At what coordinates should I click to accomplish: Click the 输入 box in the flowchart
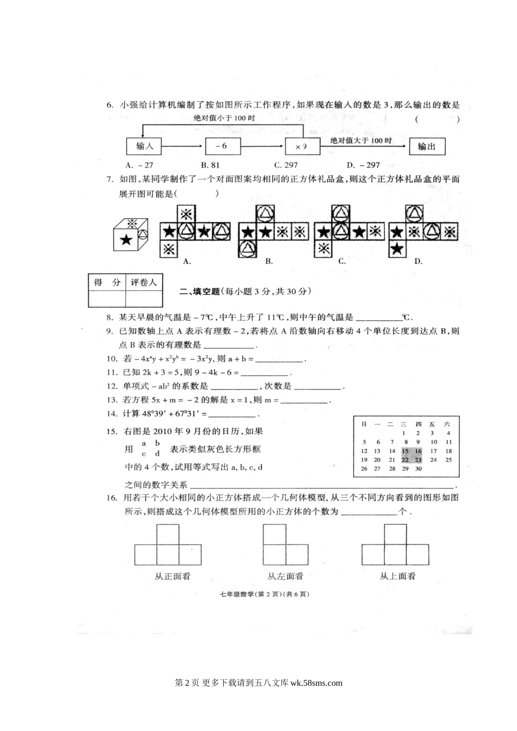[144, 146]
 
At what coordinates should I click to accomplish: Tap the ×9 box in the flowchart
[300, 146]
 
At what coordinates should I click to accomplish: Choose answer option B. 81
[210, 165]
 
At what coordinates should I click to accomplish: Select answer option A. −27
[139, 165]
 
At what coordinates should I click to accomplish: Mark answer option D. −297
[363, 165]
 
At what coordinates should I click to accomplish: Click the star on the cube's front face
[126, 239]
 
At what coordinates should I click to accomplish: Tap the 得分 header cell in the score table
[107, 282]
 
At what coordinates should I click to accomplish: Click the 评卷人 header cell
[144, 282]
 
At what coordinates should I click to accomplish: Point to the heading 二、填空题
[199, 292]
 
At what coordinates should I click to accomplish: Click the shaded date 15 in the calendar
[405, 451]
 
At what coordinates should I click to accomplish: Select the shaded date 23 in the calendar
[418, 460]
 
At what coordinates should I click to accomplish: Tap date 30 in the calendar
[418, 468]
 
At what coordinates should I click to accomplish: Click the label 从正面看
[173, 576]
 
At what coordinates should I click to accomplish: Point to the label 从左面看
[285, 576]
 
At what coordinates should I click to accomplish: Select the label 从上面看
[397, 576]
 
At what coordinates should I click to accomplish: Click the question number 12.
[112, 386]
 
